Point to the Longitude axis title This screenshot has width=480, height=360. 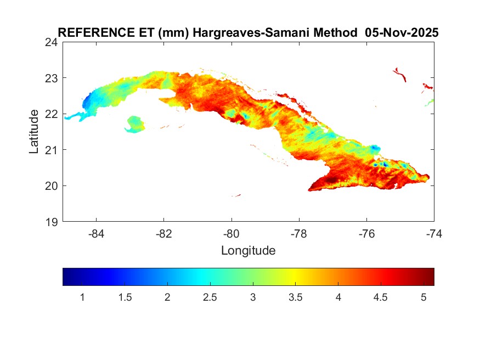tap(248, 251)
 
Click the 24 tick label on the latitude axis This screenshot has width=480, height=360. tap(52, 42)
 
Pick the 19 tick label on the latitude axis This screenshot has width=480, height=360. tap(52, 222)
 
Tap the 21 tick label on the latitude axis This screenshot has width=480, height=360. tap(52, 150)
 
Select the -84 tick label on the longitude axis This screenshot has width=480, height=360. tap(97, 233)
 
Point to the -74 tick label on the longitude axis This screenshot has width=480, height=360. tap(434, 233)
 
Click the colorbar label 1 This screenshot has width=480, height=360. tap(82, 297)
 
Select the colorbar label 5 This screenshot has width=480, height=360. tap(423, 297)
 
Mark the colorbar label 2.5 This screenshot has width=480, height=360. tap(210, 297)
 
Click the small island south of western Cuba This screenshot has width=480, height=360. tap(135, 124)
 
